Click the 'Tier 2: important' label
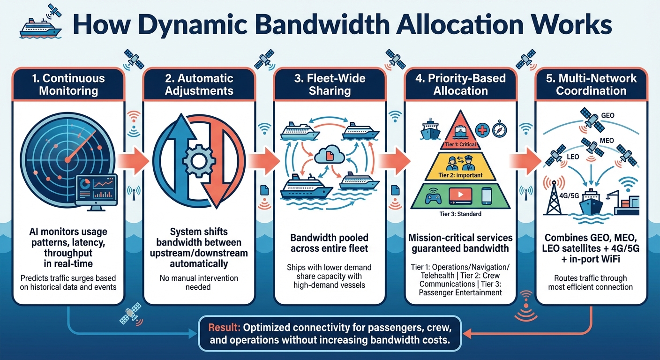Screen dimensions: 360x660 [x=460, y=176]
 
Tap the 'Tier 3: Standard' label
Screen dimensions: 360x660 [x=460, y=214]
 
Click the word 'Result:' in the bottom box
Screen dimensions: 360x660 [x=224, y=327]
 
